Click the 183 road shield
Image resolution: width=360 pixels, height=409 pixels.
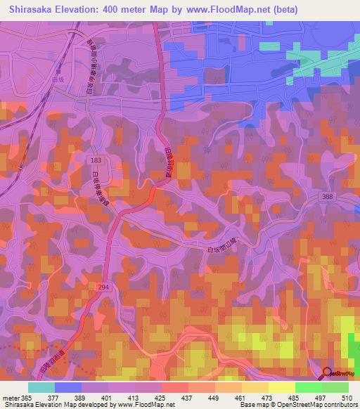[x=95, y=161]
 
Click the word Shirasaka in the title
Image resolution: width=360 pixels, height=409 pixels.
[x=33, y=10]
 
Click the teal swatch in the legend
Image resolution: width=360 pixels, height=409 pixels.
[x=41, y=387]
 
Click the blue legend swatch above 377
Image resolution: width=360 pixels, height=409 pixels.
[x=68, y=387]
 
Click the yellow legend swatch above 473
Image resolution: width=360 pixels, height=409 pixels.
[x=255, y=387]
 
